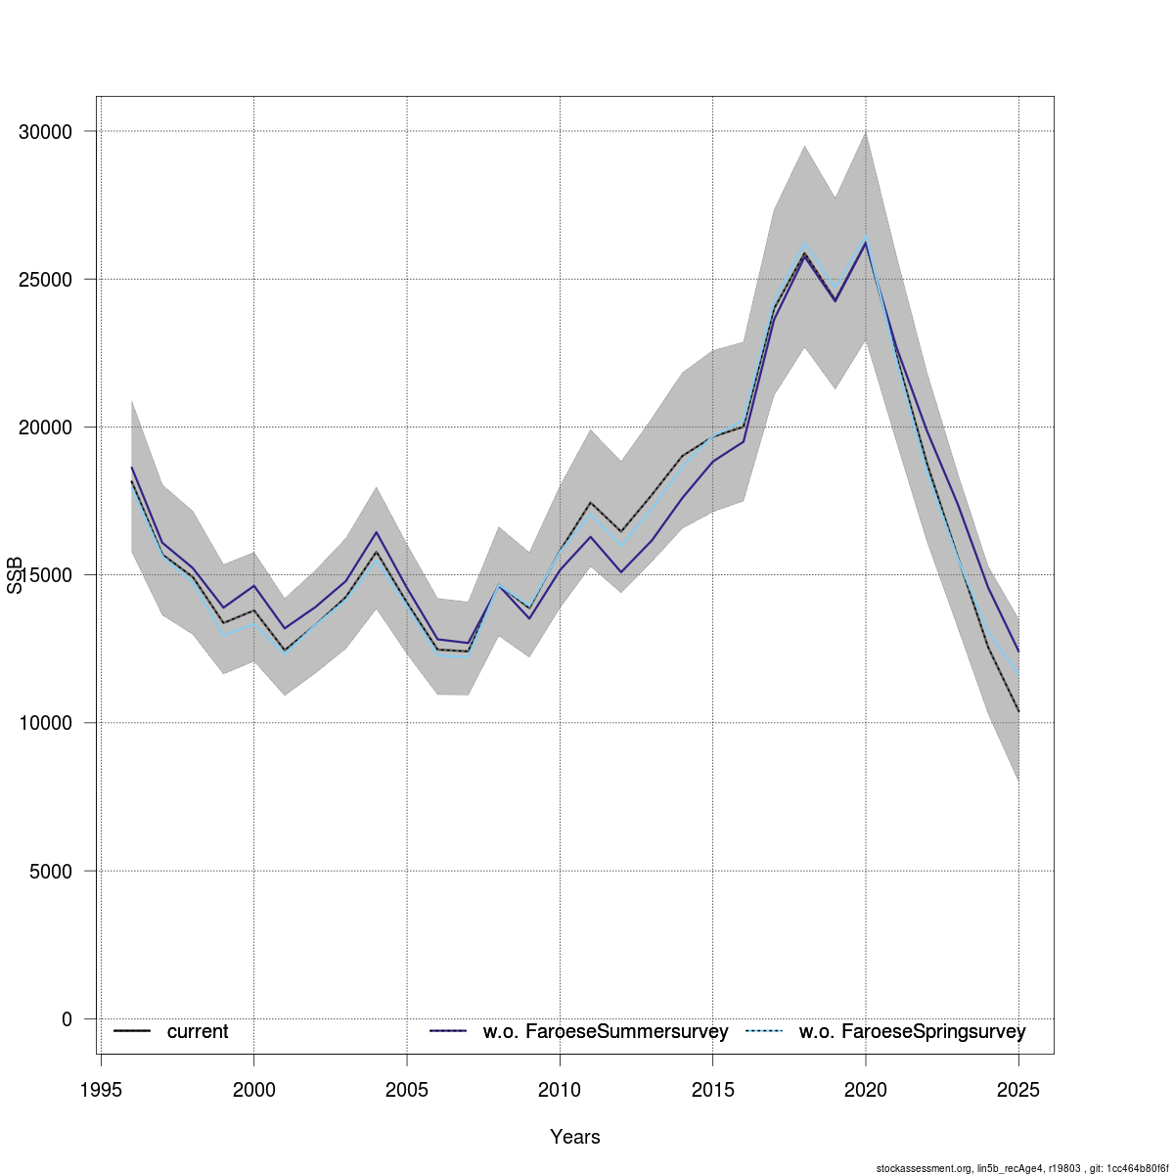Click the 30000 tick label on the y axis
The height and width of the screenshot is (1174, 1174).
pyautogui.click(x=46, y=132)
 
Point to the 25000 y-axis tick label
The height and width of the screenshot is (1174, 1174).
pyautogui.click(x=46, y=280)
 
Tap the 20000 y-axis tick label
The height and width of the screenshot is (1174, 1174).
pyautogui.click(x=46, y=428)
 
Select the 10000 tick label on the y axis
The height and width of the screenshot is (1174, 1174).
pyautogui.click(x=46, y=723)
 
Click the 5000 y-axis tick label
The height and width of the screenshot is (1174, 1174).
pyautogui.click(x=51, y=871)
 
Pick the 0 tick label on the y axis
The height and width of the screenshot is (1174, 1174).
pyautogui.click(x=67, y=1019)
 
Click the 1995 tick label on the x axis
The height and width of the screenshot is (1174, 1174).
pyautogui.click(x=101, y=1090)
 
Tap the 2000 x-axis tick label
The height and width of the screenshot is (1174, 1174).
pyautogui.click(x=254, y=1090)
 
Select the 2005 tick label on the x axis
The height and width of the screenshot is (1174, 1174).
pyautogui.click(x=407, y=1090)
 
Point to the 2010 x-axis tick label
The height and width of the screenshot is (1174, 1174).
pyautogui.click(x=560, y=1090)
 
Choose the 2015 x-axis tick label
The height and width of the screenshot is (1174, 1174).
pyautogui.click(x=712, y=1090)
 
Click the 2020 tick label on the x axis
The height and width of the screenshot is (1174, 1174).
pyautogui.click(x=866, y=1090)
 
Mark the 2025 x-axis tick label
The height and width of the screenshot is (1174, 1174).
pyautogui.click(x=1018, y=1090)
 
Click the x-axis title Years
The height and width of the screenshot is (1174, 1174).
pyautogui.click(x=575, y=1137)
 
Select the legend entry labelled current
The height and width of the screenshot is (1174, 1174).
pyautogui.click(x=197, y=1032)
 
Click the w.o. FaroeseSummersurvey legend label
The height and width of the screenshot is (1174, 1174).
pyautogui.click(x=606, y=1032)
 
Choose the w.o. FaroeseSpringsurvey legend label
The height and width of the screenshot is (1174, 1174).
pyautogui.click(x=912, y=1032)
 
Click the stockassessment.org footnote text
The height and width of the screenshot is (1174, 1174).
pyautogui.click(x=1021, y=1168)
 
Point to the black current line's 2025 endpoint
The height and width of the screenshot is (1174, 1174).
pyautogui.click(x=1018, y=711)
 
